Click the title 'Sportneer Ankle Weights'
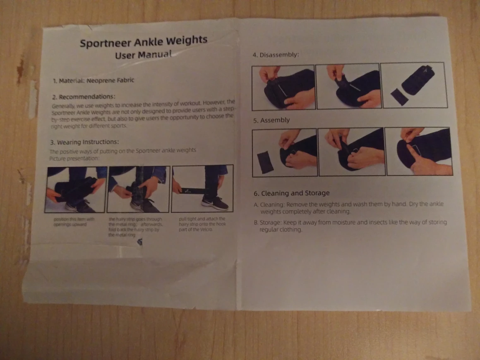(143, 42)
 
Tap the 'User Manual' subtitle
(143, 55)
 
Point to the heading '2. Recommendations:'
(84, 97)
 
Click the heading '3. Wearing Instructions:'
(87, 142)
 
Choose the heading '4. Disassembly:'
(275, 55)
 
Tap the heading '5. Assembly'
(271, 120)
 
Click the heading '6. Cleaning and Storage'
(291, 193)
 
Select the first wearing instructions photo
(76, 189)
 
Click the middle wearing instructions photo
(138, 189)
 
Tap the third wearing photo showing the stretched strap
(202, 188)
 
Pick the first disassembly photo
(283, 87)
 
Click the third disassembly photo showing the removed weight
(413, 85)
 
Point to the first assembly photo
(285, 152)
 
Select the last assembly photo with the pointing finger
(418, 151)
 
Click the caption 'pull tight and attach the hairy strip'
(202, 224)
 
